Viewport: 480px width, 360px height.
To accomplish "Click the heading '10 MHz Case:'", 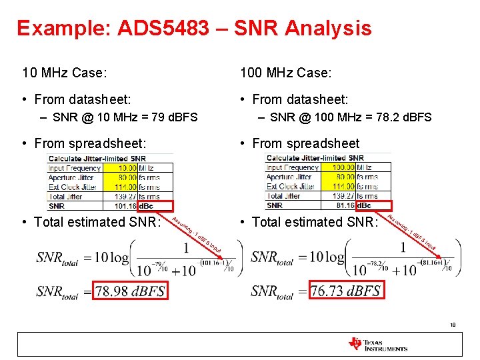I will click(x=65, y=71).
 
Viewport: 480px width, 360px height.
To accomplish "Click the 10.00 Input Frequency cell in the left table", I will click(x=123, y=167).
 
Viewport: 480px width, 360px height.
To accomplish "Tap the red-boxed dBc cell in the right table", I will click(x=365, y=206).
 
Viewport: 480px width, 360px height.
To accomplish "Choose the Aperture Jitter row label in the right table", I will click(x=289, y=177).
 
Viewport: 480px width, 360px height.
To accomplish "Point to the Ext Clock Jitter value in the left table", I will click(x=123, y=187).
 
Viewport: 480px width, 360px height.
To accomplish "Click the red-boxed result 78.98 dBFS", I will click(x=129, y=291).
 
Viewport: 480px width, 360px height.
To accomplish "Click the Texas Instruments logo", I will click(x=377, y=345).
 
